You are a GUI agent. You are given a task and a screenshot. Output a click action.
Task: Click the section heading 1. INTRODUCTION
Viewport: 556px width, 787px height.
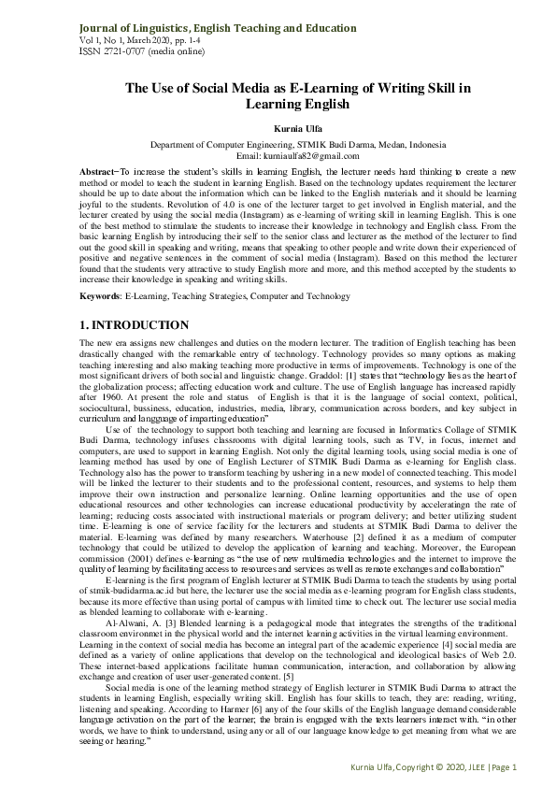click(134, 325)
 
